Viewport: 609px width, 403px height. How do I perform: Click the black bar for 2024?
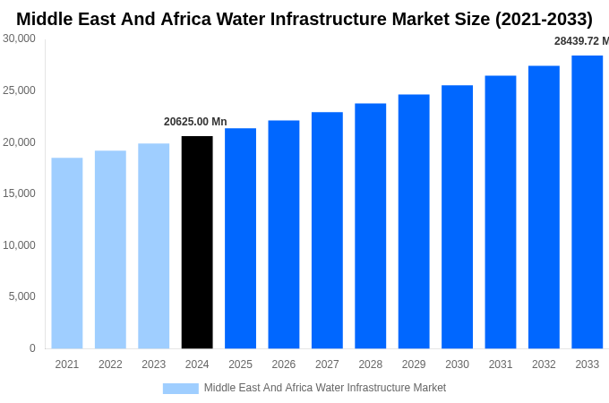pyautogui.click(x=197, y=242)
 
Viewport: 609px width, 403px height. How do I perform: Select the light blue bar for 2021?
pyautogui.click(x=67, y=253)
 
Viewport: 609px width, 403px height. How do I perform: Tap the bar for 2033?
pyautogui.click(x=588, y=201)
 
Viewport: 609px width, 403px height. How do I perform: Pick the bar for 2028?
pyautogui.click(x=371, y=226)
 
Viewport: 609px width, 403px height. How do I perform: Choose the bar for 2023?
pyautogui.click(x=154, y=245)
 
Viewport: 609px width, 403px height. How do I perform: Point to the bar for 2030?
pyautogui.click(x=457, y=217)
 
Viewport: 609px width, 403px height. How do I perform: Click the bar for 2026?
pyautogui.click(x=284, y=234)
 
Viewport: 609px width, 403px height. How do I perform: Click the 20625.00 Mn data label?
pyautogui.click(x=195, y=122)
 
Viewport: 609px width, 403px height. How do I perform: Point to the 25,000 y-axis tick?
pyautogui.click(x=19, y=90)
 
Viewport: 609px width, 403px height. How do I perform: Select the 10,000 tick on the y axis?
pyautogui.click(x=19, y=245)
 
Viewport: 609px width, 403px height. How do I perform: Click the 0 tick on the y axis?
pyautogui.click(x=32, y=348)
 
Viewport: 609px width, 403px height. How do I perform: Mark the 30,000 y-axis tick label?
pyautogui.click(x=19, y=39)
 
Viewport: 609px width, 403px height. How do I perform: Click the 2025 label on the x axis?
pyautogui.click(x=240, y=364)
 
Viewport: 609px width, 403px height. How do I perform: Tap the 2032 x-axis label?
pyautogui.click(x=544, y=364)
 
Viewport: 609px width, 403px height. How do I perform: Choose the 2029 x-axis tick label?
pyautogui.click(x=414, y=364)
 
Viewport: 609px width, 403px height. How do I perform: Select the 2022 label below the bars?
pyautogui.click(x=110, y=364)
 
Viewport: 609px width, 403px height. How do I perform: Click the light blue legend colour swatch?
pyautogui.click(x=180, y=389)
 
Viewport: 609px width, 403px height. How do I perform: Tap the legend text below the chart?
pyautogui.click(x=324, y=388)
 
